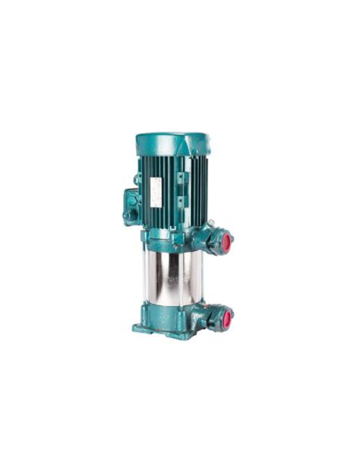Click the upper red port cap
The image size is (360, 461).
coord(227,241)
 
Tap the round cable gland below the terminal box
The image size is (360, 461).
coord(127,215)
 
